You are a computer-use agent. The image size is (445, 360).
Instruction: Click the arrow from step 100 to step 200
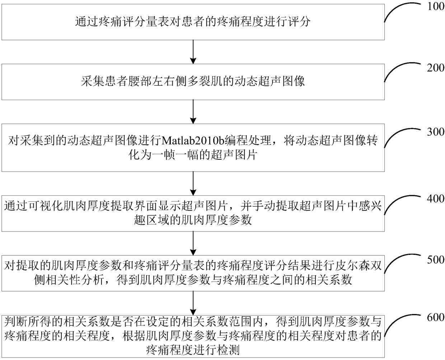pos(193,52)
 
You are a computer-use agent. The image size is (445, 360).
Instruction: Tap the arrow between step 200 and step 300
pos(193,112)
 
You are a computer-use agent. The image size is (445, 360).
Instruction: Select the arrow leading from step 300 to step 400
pos(193,183)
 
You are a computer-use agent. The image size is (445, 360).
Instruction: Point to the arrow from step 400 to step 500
pos(193,243)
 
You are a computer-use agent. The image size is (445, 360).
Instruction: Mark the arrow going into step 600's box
pos(193,302)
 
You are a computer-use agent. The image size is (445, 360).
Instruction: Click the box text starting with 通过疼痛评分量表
pos(193,22)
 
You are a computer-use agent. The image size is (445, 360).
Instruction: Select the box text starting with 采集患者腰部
pos(193,81)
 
